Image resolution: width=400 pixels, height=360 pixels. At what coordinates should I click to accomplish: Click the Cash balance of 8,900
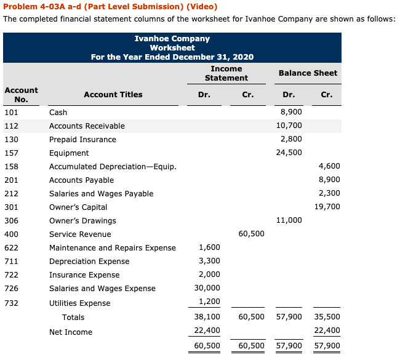coord(291,113)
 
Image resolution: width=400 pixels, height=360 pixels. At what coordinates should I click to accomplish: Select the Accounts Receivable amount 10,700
coord(290,126)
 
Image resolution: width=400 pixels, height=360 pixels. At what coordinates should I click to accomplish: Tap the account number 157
coord(11,153)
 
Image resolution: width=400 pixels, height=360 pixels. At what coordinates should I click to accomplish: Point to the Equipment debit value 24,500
coord(290,153)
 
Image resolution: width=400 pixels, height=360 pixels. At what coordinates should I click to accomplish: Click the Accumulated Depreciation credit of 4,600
coord(329,167)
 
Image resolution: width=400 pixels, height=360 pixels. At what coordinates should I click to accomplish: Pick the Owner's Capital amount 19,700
coord(327,207)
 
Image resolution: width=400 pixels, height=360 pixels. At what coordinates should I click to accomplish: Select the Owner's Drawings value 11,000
coord(290,221)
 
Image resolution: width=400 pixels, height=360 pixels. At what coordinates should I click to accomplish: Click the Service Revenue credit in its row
coord(251,234)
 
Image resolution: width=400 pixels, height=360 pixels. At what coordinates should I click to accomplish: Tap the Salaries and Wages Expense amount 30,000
coord(209,289)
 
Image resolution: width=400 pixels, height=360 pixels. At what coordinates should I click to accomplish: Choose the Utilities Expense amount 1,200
coord(209,303)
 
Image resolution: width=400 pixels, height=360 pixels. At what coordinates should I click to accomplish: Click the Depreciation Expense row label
coord(81,262)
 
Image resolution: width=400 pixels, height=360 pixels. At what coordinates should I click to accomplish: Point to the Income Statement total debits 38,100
coord(207,318)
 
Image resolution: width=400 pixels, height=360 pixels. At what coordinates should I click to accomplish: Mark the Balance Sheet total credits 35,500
coord(327,318)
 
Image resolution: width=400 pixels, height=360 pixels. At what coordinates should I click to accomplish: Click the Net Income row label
coord(71,332)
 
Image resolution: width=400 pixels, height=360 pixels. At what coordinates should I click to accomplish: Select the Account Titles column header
coord(113,95)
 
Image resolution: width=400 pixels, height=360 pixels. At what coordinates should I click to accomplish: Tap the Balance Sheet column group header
coord(308,73)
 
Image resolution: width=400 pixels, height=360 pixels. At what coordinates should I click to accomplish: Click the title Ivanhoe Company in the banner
coord(172,39)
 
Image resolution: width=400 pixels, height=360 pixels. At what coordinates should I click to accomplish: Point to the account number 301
coord(11,207)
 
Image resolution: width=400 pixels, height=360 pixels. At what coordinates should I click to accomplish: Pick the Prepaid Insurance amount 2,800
coord(291,140)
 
